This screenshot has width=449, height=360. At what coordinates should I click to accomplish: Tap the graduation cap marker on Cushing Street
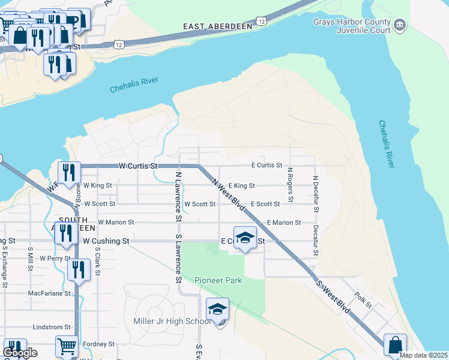pos(245,238)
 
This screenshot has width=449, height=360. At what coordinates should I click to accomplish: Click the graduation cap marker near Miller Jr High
pos(217,310)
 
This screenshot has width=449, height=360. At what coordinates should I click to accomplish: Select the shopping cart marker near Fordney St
pos(67,346)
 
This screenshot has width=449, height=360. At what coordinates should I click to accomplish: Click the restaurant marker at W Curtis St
pos(69,172)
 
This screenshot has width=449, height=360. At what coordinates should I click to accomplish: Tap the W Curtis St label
pos(137,166)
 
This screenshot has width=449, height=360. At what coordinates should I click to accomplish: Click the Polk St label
pos(364,300)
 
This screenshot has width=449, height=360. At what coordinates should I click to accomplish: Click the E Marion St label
pos(284,223)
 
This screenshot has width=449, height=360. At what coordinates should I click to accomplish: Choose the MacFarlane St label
pos(49,293)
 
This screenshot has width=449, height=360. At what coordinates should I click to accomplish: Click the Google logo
pos(20,353)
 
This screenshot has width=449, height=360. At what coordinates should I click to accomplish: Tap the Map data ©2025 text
pos(423,355)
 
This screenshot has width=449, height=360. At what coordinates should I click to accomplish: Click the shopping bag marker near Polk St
pos(394,345)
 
